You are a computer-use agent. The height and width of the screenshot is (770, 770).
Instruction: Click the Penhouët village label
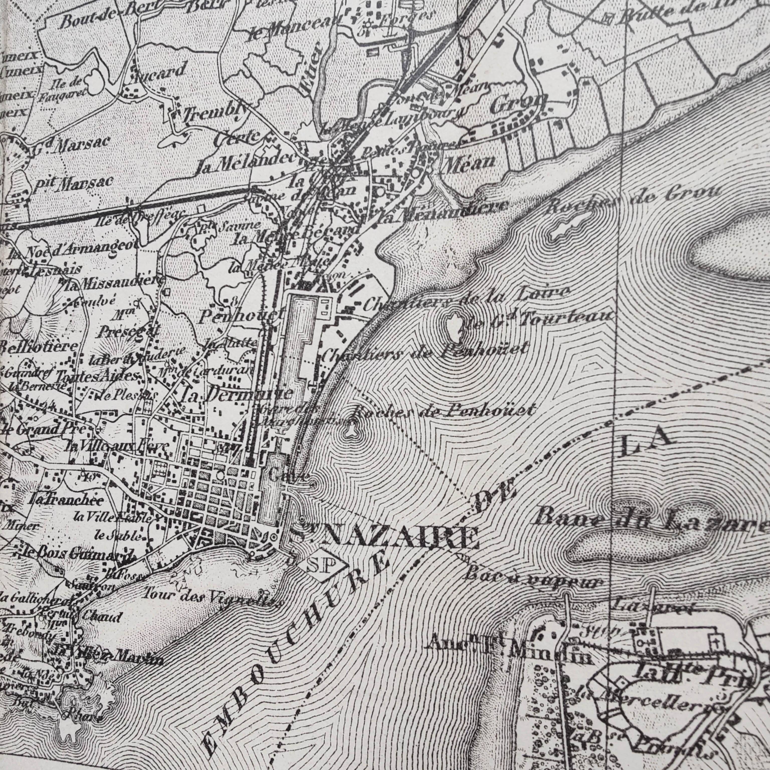(241, 317)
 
